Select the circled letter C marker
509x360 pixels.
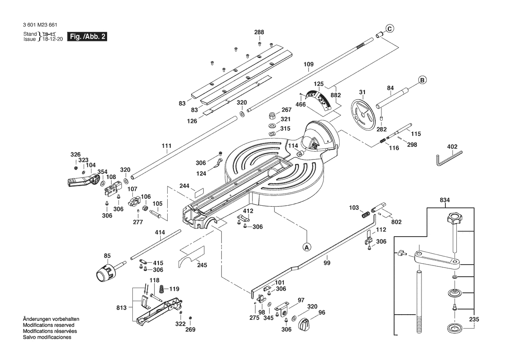390,29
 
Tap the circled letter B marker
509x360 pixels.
422,80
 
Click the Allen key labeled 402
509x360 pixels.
448,157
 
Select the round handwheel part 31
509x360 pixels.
363,115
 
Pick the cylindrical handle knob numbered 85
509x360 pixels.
105,272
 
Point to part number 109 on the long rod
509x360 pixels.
308,65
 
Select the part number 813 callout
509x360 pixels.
121,308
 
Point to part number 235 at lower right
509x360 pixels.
474,319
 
